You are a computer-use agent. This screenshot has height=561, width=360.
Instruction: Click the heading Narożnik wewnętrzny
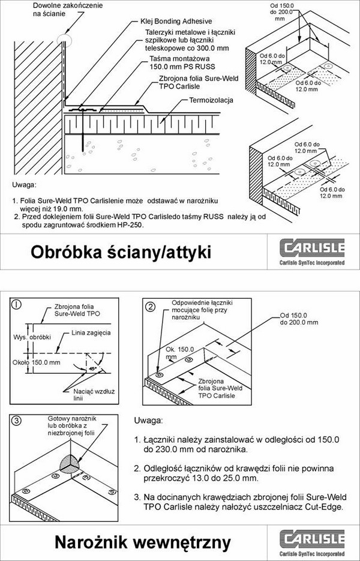[x=142, y=542]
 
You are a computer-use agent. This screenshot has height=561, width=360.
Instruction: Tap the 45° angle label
[x=91, y=370]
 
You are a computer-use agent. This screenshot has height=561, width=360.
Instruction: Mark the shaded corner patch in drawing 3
[x=72, y=465]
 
